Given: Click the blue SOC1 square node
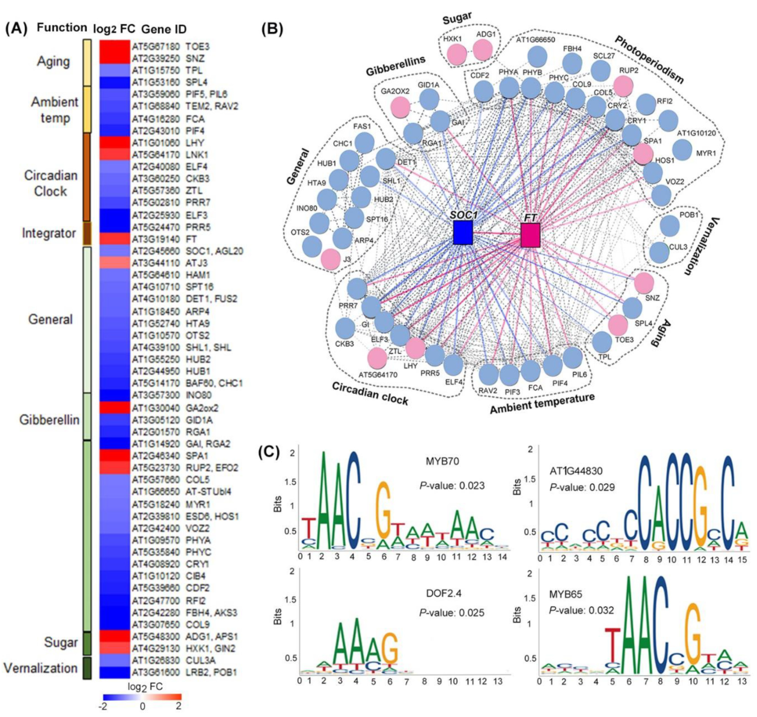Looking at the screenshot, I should coord(463,232).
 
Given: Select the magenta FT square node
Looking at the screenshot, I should coord(530,235).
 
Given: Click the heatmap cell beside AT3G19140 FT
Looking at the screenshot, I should coord(115,239).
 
